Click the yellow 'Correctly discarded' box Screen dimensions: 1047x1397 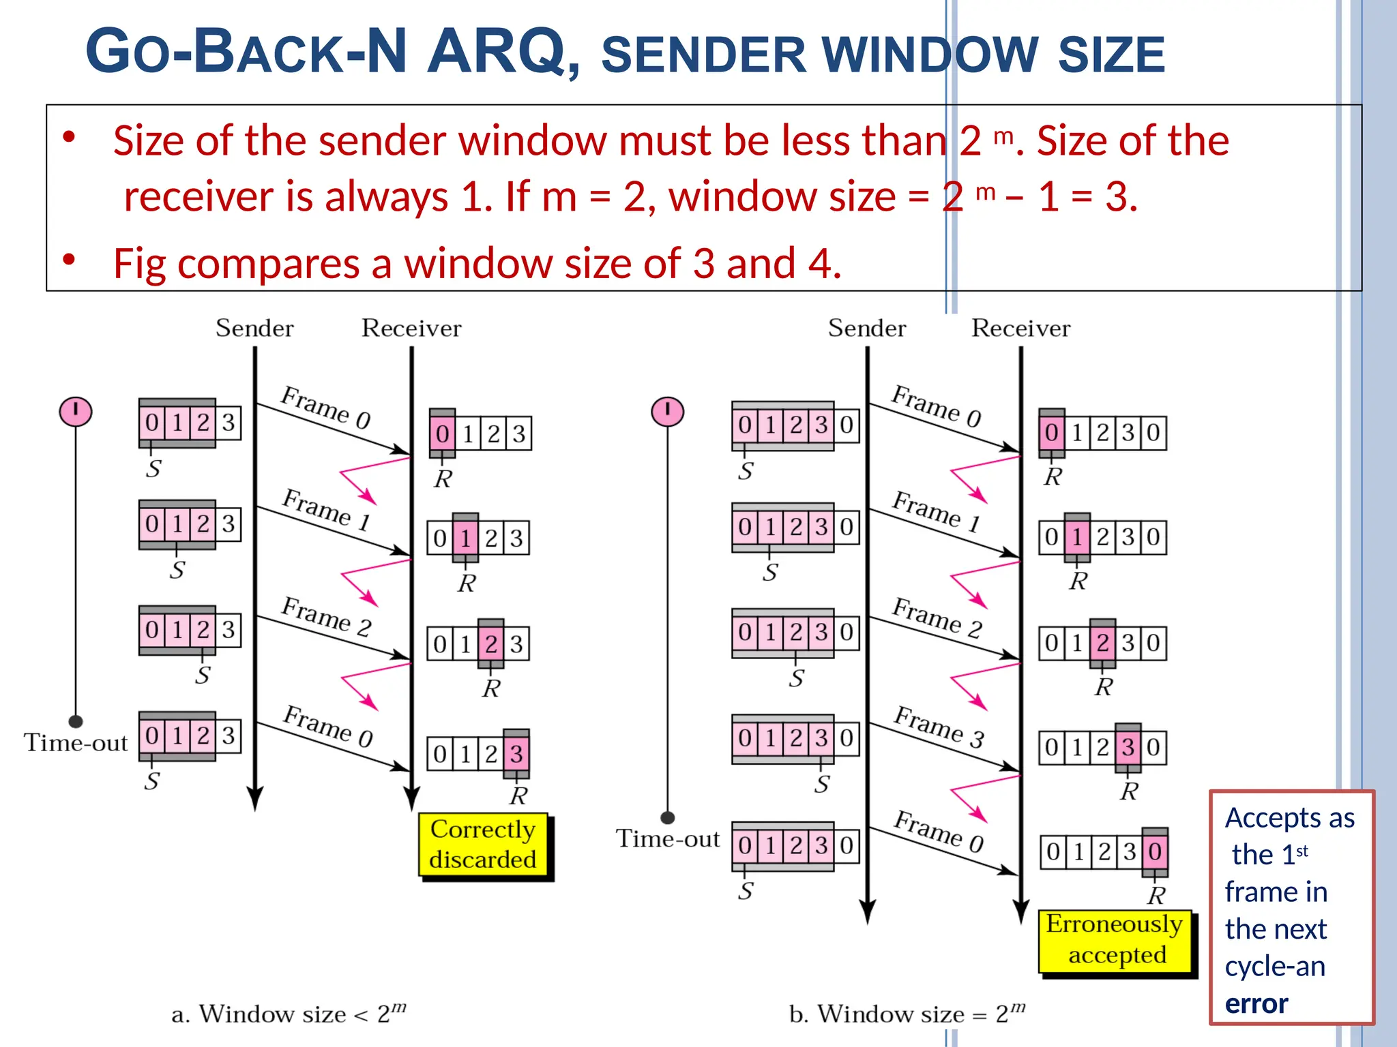pyautogui.click(x=483, y=845)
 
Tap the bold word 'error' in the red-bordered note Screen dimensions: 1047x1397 pyautogui.click(x=1256, y=1004)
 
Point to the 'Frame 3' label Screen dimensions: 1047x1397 pyautogui.click(x=939, y=727)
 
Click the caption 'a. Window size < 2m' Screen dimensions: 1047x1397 pyautogui.click(x=289, y=1014)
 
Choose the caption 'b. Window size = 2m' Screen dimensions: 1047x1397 pyautogui.click(x=907, y=1014)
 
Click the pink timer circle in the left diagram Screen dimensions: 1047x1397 pyautogui.click(x=76, y=412)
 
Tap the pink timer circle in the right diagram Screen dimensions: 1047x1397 pyautogui.click(x=667, y=412)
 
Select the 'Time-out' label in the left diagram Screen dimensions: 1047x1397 pyautogui.click(x=76, y=743)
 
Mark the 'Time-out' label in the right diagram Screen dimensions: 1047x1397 pyautogui.click(x=668, y=839)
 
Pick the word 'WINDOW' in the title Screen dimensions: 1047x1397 pyautogui.click(x=932, y=55)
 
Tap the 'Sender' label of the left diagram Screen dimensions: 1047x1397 pyautogui.click(x=254, y=329)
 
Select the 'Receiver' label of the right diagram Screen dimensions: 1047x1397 pyautogui.click(x=1020, y=329)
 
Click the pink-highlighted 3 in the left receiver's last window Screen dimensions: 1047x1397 pyautogui.click(x=516, y=754)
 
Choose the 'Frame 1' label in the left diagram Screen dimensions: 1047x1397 pyautogui.click(x=327, y=509)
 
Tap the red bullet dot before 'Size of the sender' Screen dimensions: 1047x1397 pyautogui.click(x=68, y=138)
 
